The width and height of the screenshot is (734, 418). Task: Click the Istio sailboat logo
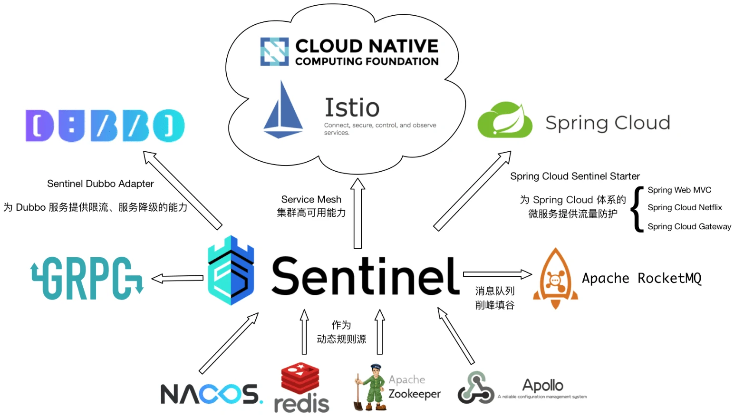[x=283, y=110]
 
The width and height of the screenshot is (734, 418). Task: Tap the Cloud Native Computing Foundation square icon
[x=274, y=51]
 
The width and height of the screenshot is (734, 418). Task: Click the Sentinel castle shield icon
[x=231, y=270]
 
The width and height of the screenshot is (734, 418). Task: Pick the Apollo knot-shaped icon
[x=475, y=388]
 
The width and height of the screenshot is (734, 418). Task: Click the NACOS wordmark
[x=211, y=394]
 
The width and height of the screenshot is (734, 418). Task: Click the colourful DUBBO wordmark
[x=105, y=126]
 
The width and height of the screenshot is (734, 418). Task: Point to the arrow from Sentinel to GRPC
[x=177, y=279]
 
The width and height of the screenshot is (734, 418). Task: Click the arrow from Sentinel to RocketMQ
[x=497, y=274]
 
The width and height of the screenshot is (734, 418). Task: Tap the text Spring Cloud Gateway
[x=689, y=227]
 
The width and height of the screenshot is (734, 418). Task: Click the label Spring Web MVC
[x=679, y=190]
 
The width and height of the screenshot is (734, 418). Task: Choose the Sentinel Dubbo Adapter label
[x=100, y=184]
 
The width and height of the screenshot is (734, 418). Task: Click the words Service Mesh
[x=311, y=199]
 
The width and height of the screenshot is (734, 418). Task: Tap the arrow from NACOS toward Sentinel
[x=229, y=343]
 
